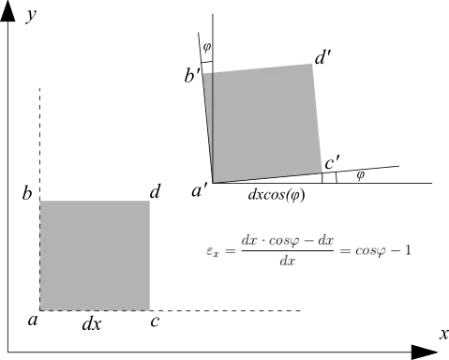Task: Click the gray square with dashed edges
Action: click(x=94, y=253)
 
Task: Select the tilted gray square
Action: click(x=264, y=122)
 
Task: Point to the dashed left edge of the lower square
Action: click(x=39, y=253)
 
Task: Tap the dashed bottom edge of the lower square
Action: click(x=94, y=311)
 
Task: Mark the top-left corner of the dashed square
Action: click(x=39, y=197)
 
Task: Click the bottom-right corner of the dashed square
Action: click(x=149, y=311)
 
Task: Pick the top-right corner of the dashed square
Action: click(x=149, y=197)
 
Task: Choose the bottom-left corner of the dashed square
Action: click(x=39, y=311)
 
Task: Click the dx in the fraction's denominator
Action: click(x=288, y=262)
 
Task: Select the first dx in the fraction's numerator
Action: click(x=249, y=241)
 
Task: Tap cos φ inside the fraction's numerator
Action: click(x=282, y=241)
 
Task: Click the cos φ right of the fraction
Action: click(x=367, y=251)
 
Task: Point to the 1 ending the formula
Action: click(x=410, y=250)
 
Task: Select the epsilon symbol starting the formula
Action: click(x=213, y=251)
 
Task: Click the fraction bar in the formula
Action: click(x=288, y=251)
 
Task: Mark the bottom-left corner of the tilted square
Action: click(x=214, y=183)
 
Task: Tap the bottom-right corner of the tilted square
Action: click(x=322, y=172)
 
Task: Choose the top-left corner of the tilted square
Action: click(x=204, y=70)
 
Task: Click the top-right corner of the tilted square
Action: click(x=313, y=61)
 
